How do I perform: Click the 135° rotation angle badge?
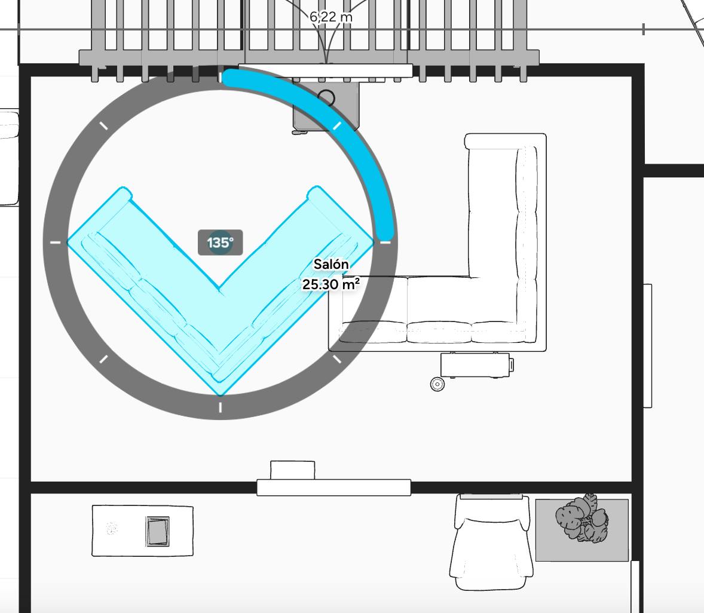220,243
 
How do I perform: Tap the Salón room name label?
331,264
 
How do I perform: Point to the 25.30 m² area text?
330,284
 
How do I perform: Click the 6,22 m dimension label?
331,17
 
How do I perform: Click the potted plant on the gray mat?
582,520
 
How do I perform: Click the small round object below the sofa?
437,384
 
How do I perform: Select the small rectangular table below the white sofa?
476,365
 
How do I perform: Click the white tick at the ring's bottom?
221,407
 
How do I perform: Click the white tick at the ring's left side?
55,243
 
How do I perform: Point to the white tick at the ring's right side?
385,243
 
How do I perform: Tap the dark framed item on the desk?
158,531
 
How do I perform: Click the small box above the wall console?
293,470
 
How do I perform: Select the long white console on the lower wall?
333,488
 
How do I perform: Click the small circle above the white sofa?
326,97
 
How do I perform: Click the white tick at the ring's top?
221,77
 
